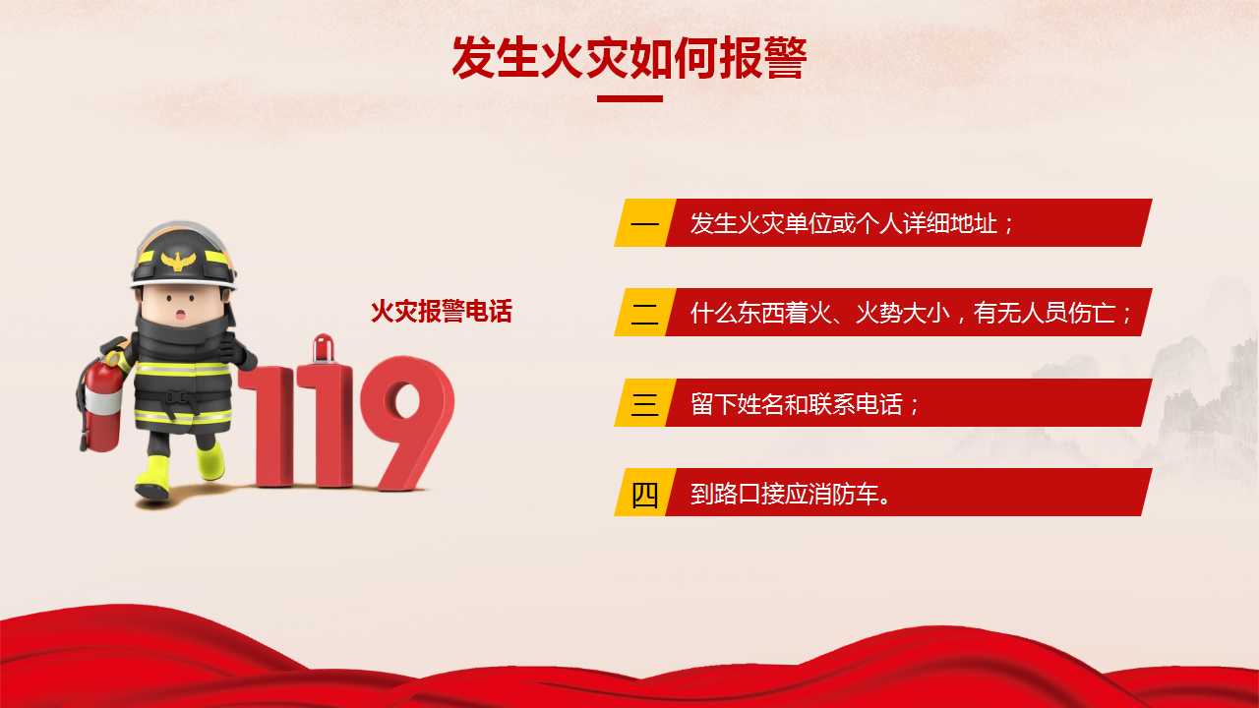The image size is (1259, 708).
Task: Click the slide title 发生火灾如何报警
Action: [629, 58]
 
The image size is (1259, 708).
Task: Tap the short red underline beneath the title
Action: [629, 99]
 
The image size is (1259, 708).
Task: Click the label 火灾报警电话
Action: [442, 312]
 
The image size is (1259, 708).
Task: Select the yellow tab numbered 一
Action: [645, 222]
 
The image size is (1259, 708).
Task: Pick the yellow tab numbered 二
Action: [645, 313]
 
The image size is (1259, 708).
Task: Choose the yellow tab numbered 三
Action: [645, 402]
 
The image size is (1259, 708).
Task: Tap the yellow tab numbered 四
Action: [645, 493]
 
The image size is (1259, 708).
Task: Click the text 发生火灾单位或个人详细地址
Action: [844, 223]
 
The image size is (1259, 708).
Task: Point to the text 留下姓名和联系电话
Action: [797, 403]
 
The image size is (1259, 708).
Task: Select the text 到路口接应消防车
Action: [784, 494]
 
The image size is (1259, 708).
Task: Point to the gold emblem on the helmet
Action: [178, 261]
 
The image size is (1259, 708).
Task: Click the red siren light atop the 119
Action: [324, 348]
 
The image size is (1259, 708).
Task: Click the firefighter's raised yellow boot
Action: [210, 461]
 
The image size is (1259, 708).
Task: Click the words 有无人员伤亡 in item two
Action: [1045, 313]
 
